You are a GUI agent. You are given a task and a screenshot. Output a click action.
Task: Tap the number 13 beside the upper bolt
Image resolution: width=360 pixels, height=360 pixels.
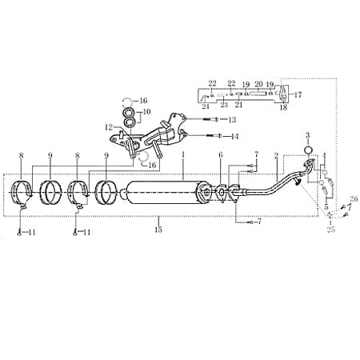(234, 120)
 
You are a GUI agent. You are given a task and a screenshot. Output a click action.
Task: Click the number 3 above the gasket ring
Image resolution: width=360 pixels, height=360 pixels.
(310, 135)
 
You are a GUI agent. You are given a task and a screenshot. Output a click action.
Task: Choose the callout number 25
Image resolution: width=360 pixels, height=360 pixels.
(332, 229)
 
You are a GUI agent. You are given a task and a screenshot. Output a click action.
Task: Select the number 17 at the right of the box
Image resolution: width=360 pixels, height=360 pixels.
(299, 94)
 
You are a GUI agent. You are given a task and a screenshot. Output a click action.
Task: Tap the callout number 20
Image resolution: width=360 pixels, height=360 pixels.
(258, 83)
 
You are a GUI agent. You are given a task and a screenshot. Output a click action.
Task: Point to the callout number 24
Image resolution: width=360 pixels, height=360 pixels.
(205, 105)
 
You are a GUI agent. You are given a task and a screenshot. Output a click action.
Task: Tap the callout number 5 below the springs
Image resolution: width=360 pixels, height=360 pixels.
(326, 206)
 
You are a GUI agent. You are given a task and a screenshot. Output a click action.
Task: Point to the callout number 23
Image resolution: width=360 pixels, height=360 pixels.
(224, 105)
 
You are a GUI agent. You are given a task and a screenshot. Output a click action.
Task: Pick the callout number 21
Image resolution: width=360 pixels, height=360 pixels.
(238, 105)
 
